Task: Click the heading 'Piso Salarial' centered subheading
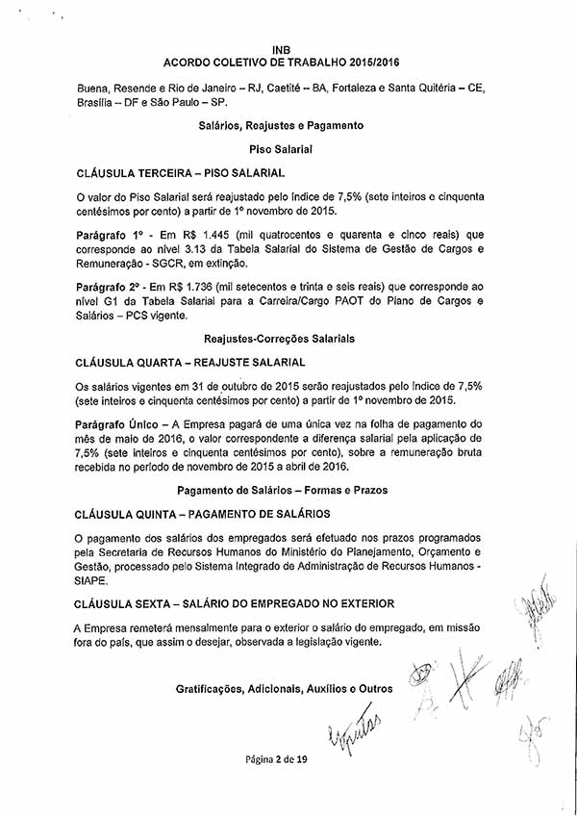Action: coord(281,149)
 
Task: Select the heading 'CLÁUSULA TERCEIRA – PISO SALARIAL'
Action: coord(180,173)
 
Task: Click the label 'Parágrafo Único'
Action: coord(116,424)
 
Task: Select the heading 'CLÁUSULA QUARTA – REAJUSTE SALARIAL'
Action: coord(190,363)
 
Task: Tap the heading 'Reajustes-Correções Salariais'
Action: coord(280,339)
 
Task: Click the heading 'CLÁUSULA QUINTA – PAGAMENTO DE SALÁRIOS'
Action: coord(202,514)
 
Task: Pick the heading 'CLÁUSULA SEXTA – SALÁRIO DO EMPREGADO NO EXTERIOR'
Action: coord(235,603)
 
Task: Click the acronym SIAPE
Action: coord(93,581)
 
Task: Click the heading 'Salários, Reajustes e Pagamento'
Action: coord(281,126)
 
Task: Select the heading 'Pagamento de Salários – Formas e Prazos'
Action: coord(281,491)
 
